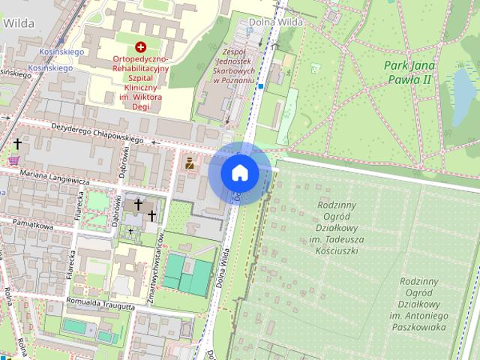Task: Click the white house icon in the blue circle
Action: tap(239, 173)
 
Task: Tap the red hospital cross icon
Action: tap(140, 46)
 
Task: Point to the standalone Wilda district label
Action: tap(19, 22)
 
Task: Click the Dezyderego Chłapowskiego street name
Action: tap(97, 132)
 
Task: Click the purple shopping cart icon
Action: tap(13, 160)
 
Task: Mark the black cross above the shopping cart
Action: tap(16, 142)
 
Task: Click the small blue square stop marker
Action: tap(260, 87)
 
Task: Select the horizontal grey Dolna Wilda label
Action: tap(281, 22)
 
